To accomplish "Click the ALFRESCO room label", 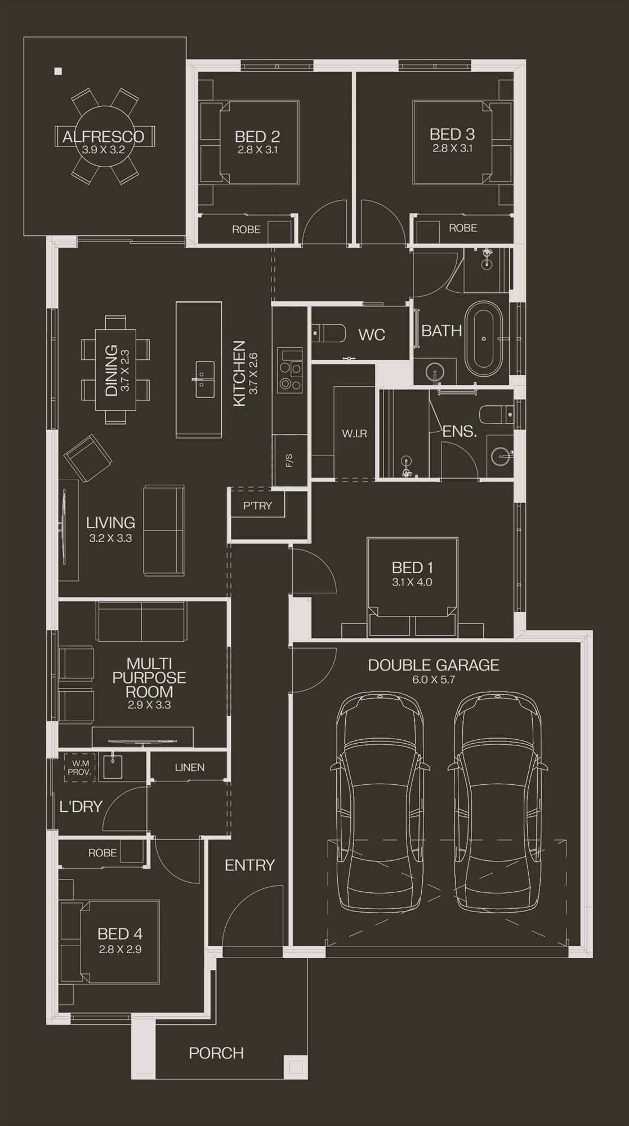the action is point(103,136).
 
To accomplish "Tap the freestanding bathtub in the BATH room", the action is point(484,339).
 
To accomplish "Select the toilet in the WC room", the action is point(328,333).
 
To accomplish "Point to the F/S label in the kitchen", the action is point(289,461).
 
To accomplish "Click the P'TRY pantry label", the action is point(257,506).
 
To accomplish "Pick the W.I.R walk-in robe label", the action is point(354,434).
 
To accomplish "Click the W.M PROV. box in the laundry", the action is point(79,767).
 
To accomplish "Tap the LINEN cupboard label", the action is point(190,767).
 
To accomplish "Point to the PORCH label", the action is point(216,1053).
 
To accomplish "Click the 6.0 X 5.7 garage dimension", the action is point(434,680).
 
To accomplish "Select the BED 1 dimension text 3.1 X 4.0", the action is point(412,583).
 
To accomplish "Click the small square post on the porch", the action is point(296,1066).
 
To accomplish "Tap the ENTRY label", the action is point(249,865).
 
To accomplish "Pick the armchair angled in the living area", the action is point(88,458).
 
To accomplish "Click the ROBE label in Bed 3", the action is point(463,228).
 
